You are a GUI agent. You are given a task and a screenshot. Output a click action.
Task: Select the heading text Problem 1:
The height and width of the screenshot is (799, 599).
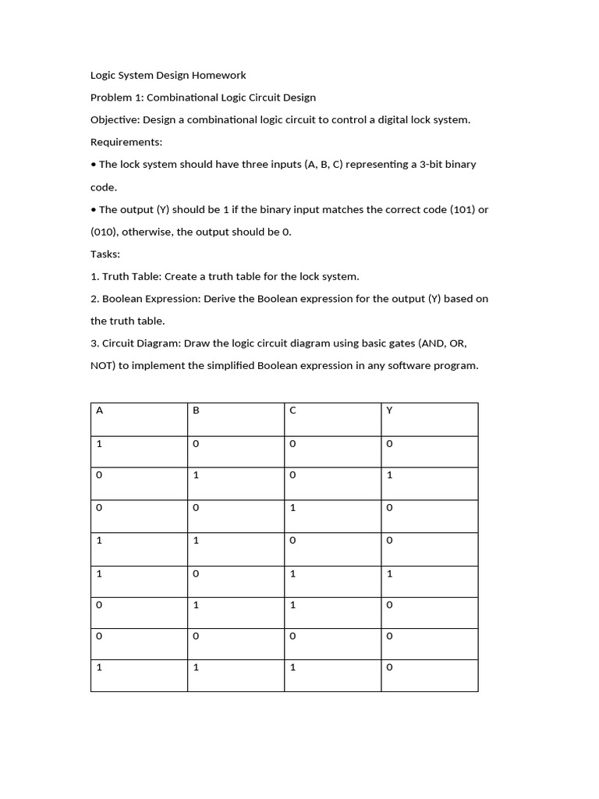click(117, 98)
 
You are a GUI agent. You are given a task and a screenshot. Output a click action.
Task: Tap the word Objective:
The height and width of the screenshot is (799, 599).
click(117, 119)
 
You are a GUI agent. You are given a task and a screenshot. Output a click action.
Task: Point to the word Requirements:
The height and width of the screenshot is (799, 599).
click(126, 142)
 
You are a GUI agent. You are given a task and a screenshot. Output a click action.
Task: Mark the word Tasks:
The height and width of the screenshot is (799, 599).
click(106, 254)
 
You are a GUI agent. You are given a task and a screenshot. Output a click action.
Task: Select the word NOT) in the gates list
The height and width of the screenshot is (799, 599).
click(104, 365)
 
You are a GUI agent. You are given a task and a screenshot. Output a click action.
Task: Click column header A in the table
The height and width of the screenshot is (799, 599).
click(99, 410)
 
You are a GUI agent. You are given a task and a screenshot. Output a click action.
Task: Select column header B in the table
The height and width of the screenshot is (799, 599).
click(196, 410)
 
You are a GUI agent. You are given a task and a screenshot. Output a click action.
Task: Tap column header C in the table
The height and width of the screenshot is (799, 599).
click(292, 410)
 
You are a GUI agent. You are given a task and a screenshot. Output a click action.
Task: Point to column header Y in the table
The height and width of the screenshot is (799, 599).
click(389, 410)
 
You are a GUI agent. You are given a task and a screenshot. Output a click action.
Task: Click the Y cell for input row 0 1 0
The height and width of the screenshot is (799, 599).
click(389, 474)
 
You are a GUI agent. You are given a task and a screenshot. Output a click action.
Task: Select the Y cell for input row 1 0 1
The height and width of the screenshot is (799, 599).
click(389, 574)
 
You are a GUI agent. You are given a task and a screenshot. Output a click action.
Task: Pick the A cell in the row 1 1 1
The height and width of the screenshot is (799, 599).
click(99, 667)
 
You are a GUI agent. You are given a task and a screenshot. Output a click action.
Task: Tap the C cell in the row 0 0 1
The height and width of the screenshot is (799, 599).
click(292, 507)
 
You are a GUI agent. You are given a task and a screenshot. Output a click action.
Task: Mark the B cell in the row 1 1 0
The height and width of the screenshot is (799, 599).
click(196, 540)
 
